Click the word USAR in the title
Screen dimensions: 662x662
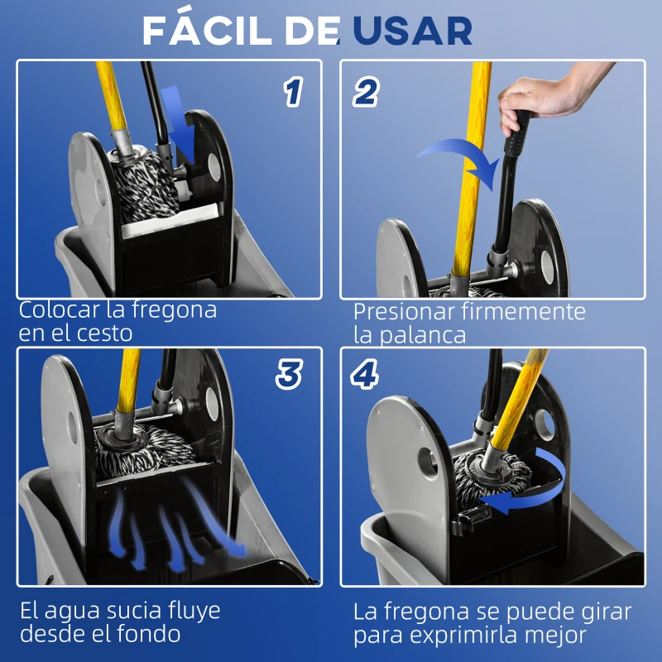(x=412, y=31)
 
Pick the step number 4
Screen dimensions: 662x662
(x=365, y=375)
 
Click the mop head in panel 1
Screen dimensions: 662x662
(x=147, y=186)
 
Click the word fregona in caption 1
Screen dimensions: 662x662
(x=170, y=311)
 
